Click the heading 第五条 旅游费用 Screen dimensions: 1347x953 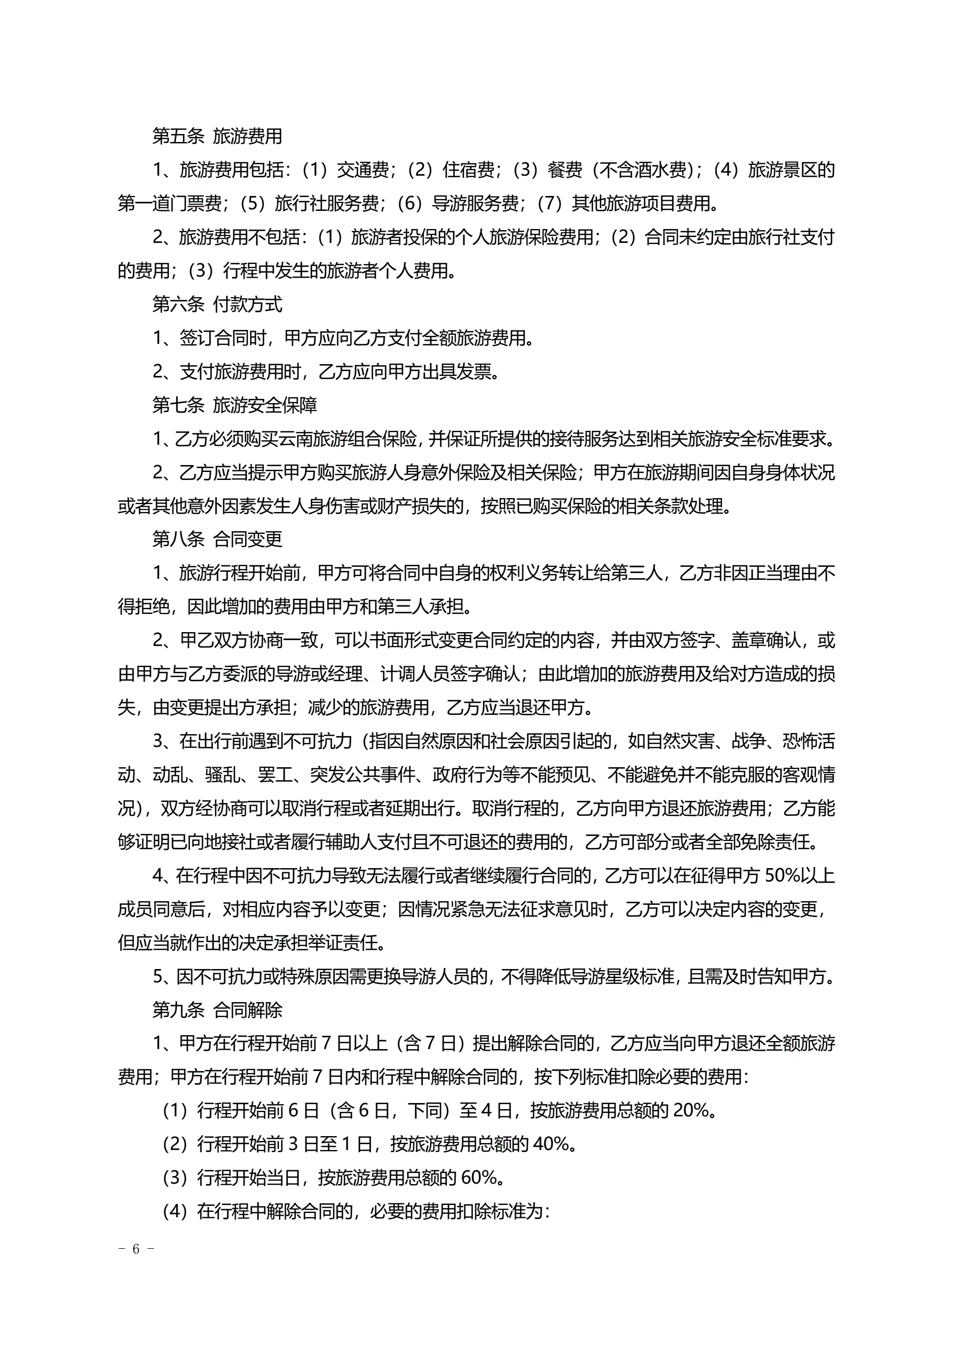click(x=217, y=136)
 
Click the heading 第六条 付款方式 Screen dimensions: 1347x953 click(x=217, y=304)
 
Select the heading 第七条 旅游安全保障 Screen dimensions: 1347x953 click(x=235, y=405)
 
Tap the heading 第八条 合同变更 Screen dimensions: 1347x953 click(x=217, y=539)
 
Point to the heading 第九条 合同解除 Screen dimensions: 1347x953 click(x=217, y=1010)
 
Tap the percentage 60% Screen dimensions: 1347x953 click(x=479, y=1177)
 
